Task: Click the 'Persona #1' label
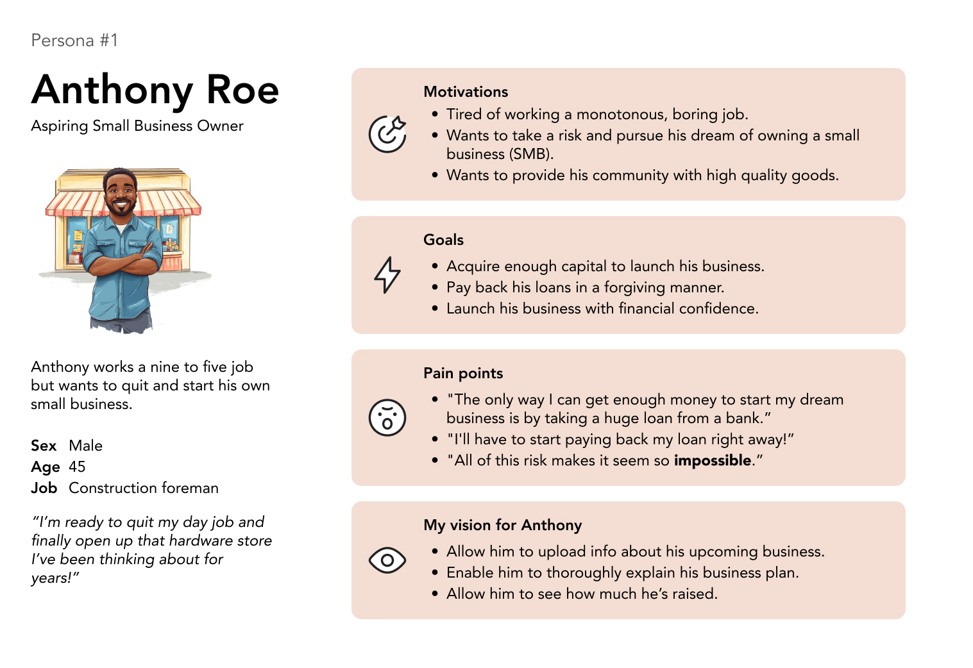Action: coord(74,40)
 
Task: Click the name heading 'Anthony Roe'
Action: coord(155,89)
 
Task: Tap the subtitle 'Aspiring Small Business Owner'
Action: coord(137,126)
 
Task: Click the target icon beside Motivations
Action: coord(387,134)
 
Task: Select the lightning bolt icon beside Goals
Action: coord(387,275)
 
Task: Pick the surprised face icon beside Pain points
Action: coord(387,417)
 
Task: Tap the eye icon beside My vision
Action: coord(387,560)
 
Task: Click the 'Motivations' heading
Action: coord(466,92)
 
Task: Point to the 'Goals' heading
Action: coord(443,240)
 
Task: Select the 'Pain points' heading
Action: coord(463,373)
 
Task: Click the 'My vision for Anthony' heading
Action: coord(502,525)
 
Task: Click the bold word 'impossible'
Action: coord(712,460)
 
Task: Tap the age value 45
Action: coord(77,467)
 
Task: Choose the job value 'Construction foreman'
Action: coord(144,488)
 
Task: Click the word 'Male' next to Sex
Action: coord(85,446)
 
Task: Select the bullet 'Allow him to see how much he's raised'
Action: coord(582,594)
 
